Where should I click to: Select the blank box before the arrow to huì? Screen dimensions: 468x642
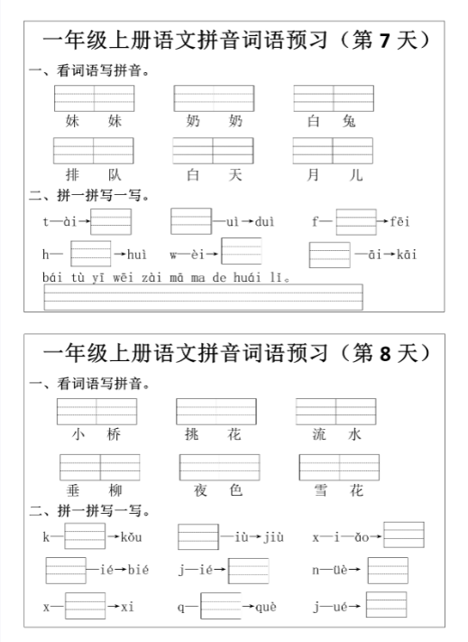point(90,254)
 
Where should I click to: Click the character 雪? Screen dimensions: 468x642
point(316,490)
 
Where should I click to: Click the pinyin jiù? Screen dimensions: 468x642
point(274,538)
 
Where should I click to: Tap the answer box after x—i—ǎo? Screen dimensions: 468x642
point(403,535)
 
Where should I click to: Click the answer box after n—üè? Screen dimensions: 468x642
point(387,571)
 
